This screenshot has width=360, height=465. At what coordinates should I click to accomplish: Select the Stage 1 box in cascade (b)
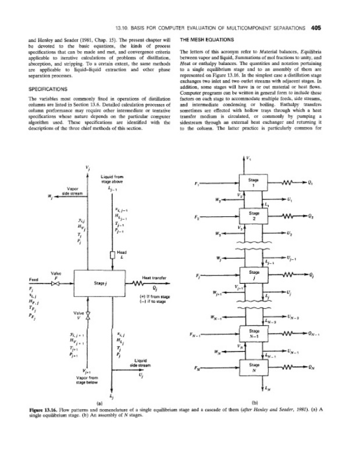tap(254, 183)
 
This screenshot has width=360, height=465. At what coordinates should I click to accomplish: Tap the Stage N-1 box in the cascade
tap(254, 334)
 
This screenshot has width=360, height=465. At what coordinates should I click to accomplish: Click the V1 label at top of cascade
tap(249, 159)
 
